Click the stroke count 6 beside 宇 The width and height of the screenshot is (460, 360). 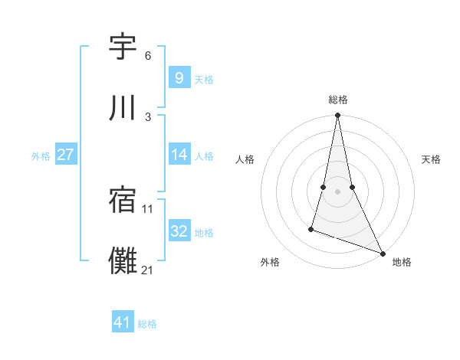[x=147, y=56]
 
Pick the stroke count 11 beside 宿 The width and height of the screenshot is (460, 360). [x=148, y=208]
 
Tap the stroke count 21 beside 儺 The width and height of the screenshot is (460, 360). [x=148, y=270]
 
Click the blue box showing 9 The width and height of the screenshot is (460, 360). [x=179, y=78]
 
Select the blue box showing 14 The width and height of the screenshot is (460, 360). [x=179, y=155]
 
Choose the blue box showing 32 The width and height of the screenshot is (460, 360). [x=179, y=231]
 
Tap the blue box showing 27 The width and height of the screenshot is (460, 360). [x=65, y=155]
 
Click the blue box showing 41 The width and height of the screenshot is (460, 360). [x=123, y=322]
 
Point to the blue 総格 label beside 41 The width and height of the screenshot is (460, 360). [x=147, y=324]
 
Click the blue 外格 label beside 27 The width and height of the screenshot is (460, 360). [x=41, y=156]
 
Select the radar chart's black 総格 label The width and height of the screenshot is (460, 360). [x=338, y=100]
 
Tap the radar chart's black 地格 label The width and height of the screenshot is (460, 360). [x=402, y=262]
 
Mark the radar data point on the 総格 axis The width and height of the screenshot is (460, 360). [x=338, y=116]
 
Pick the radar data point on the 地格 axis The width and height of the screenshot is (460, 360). [x=382, y=253]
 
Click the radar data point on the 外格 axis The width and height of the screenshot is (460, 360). [x=311, y=228]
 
